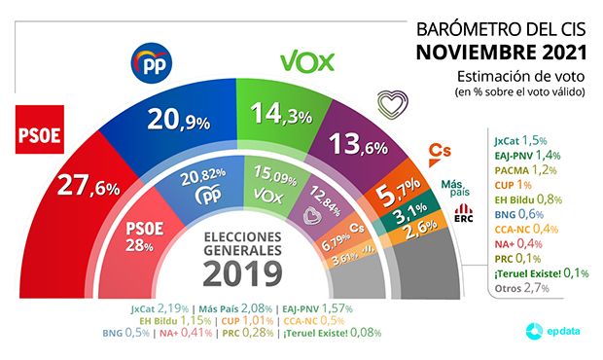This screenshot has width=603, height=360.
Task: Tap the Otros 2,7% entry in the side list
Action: point(516,289)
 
